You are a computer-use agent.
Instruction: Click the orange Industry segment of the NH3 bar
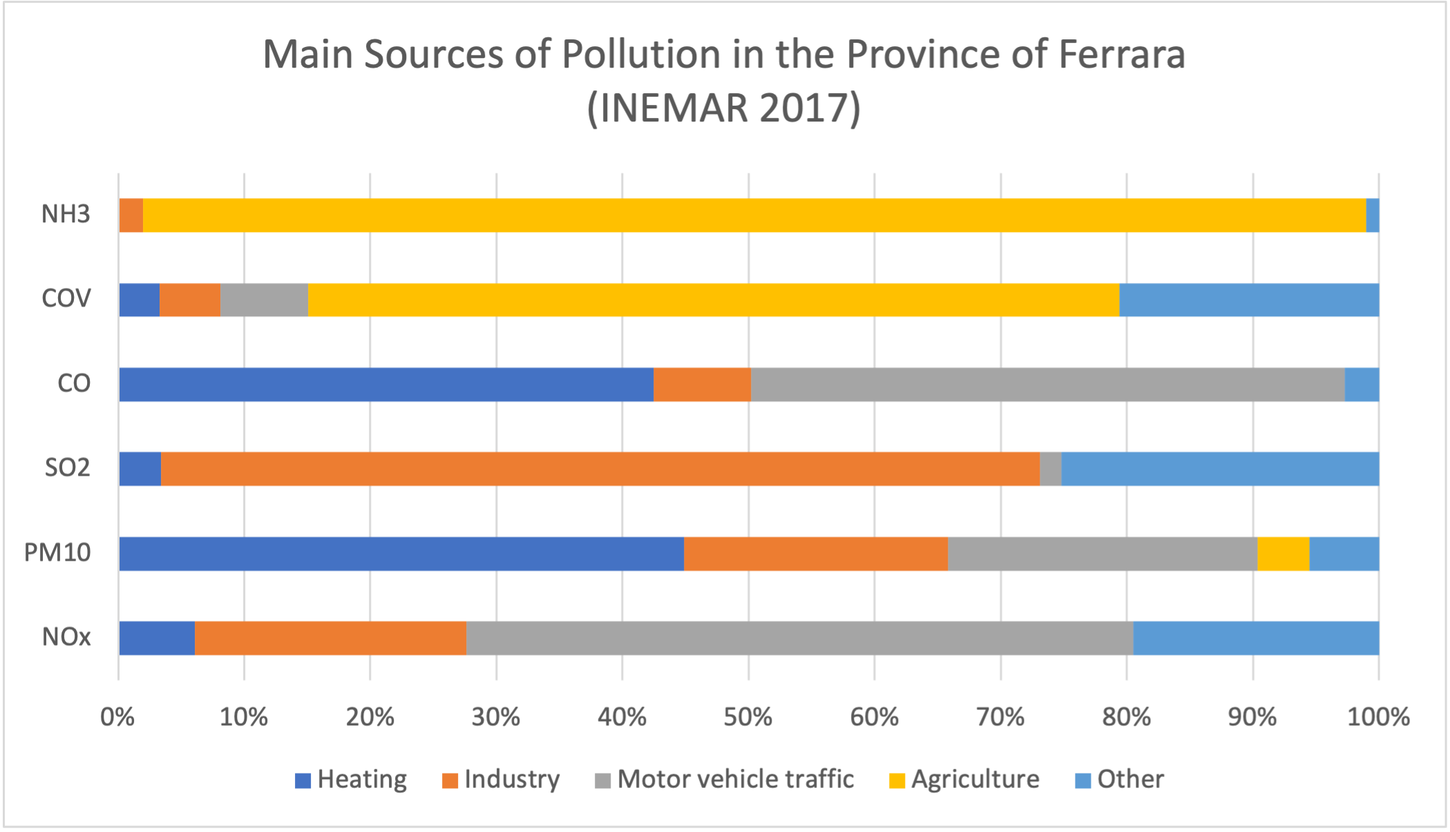(x=131, y=215)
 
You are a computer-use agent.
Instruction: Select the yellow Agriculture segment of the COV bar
(x=713, y=300)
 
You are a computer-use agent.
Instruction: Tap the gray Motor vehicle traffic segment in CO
(x=1047, y=385)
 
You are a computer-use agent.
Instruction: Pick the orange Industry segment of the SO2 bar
(x=600, y=469)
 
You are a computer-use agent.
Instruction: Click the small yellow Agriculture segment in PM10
(x=1283, y=554)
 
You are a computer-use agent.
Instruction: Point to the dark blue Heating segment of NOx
(x=156, y=638)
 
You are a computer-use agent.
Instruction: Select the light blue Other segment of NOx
(x=1256, y=638)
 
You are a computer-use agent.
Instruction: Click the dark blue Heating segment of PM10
(x=401, y=554)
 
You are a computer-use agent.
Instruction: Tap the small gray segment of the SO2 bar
(x=1050, y=469)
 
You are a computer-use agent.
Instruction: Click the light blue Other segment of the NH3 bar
(x=1373, y=215)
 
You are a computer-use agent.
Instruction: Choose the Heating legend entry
(x=351, y=780)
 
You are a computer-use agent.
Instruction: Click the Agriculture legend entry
(x=964, y=780)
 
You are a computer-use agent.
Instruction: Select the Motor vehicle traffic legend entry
(x=725, y=780)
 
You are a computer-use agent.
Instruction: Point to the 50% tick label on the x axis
(x=748, y=717)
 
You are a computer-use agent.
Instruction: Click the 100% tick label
(x=1378, y=717)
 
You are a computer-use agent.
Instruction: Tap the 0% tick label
(x=117, y=717)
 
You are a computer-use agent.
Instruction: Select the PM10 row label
(x=57, y=553)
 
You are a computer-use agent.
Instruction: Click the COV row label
(x=66, y=298)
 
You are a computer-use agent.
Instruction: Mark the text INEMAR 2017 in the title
(x=724, y=108)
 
